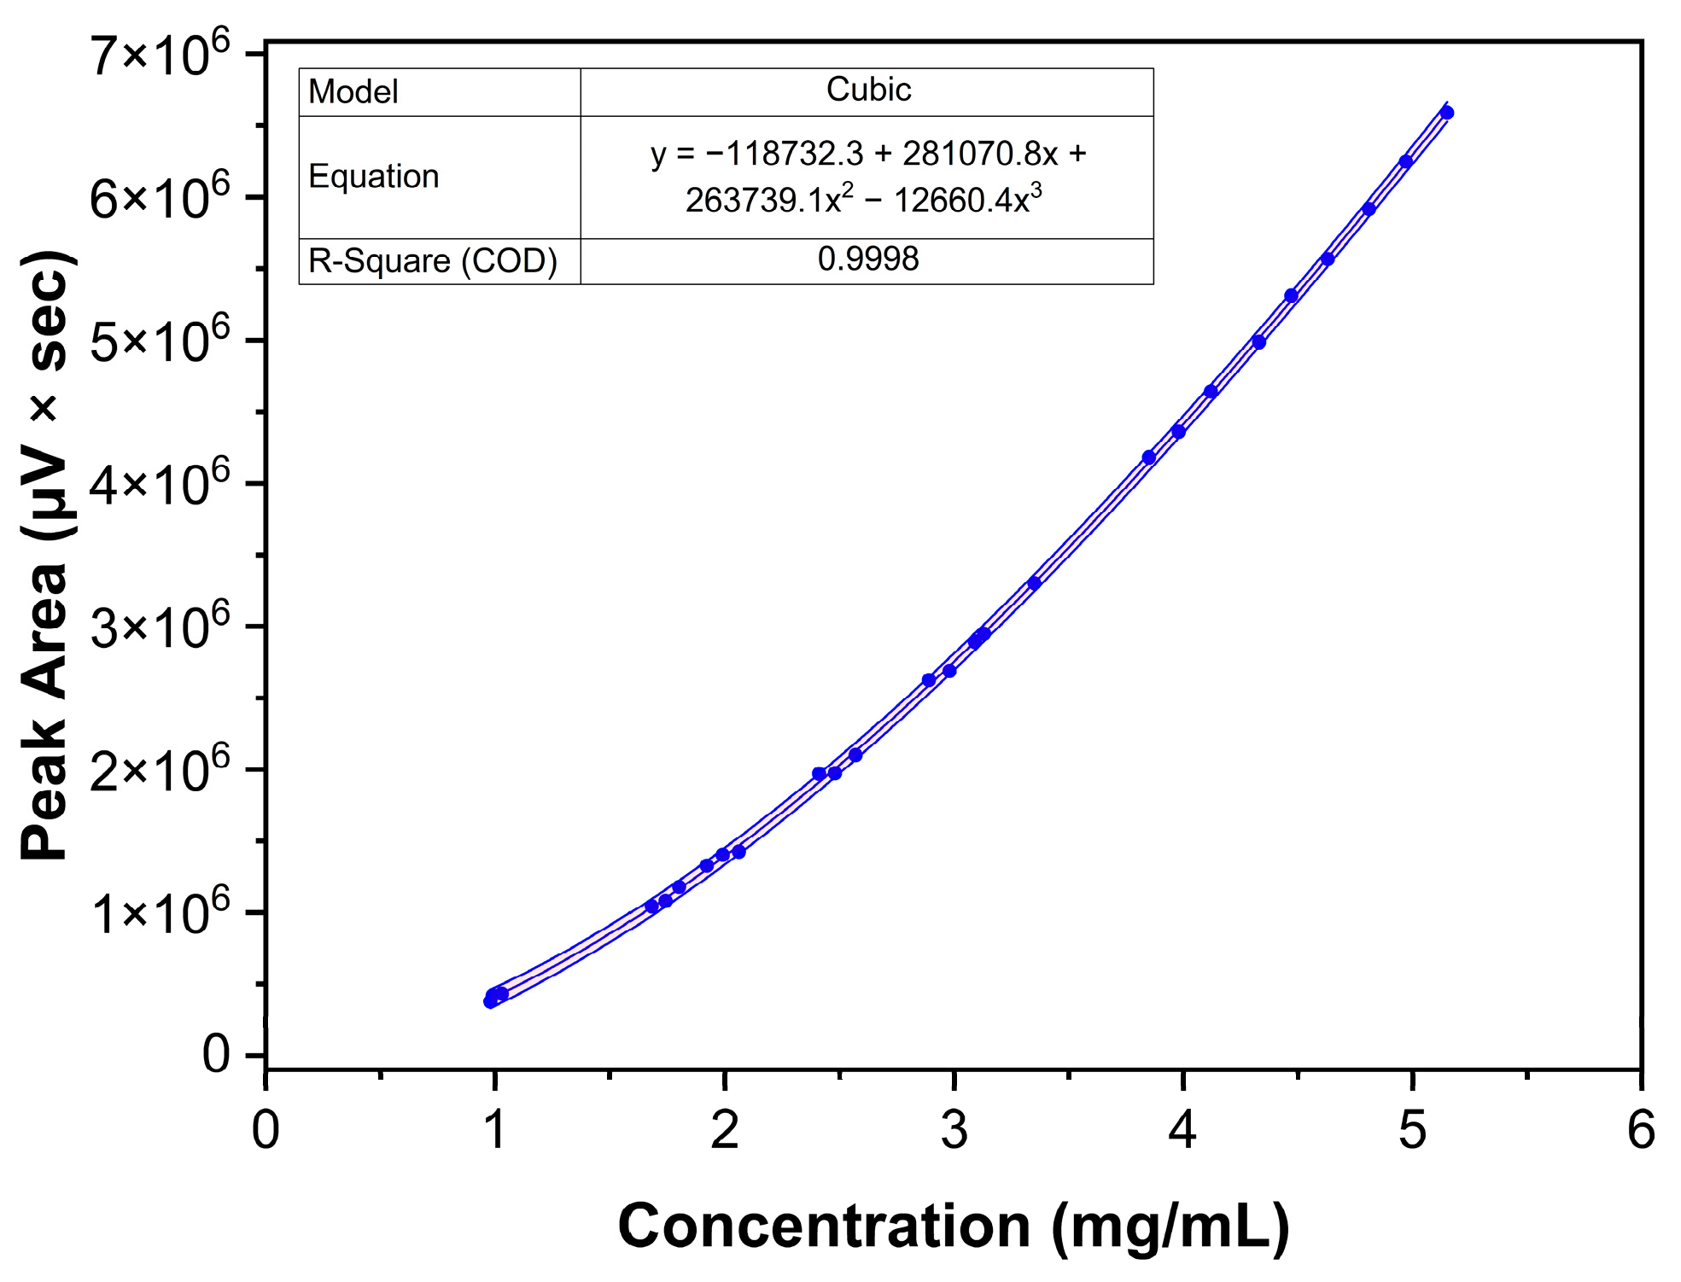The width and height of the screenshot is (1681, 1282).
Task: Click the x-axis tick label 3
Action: tap(954, 1130)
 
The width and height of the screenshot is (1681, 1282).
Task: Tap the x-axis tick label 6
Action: tap(1641, 1130)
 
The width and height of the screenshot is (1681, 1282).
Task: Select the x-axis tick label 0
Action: tap(266, 1130)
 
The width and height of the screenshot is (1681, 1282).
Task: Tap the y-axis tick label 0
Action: tap(216, 1055)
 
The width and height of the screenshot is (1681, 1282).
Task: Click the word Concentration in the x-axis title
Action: tap(824, 1226)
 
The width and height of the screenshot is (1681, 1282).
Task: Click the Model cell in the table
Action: tap(353, 92)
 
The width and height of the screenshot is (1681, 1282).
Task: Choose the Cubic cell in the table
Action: tap(868, 90)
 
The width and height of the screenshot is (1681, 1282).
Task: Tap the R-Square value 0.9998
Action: tap(868, 259)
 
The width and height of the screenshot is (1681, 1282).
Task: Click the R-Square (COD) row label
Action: tap(432, 261)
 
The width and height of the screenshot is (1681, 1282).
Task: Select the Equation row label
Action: tap(374, 177)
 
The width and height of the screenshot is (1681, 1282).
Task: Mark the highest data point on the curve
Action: tap(1446, 113)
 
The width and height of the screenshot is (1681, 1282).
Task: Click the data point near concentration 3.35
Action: tap(1034, 584)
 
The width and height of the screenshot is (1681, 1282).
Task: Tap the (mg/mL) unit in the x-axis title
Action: tap(1170, 1227)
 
